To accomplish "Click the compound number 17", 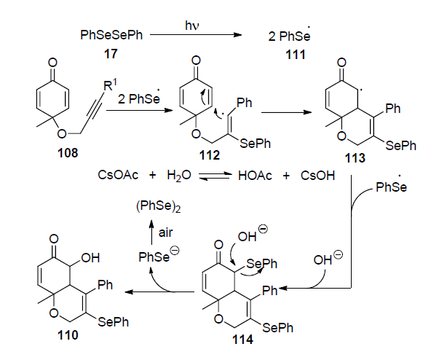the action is (111, 53).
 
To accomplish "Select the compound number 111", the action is (295, 55).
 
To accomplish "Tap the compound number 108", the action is (68, 153).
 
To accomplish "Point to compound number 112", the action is (210, 155).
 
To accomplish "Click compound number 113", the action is (355, 158).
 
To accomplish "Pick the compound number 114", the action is (242, 340).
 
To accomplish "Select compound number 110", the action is (68, 335).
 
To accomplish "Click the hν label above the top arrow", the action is (192, 26).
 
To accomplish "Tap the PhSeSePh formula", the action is (111, 35).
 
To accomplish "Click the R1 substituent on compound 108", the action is (110, 85).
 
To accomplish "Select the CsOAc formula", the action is (118, 175).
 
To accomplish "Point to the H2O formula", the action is (179, 176).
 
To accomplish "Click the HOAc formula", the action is (255, 176).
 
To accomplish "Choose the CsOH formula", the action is (317, 176).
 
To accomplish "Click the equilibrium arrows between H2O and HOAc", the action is (215, 176).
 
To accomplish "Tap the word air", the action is (165, 232).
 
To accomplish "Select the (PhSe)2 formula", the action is (159, 207).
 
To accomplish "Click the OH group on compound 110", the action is (90, 258).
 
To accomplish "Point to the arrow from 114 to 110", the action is (159, 292).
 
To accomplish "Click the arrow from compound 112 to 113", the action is (286, 112).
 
